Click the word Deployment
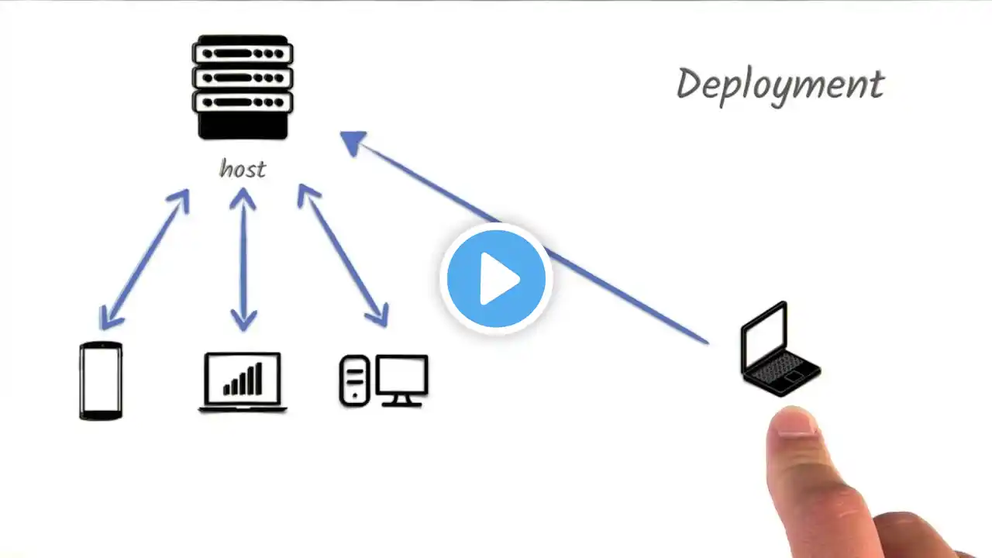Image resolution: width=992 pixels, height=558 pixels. tap(780, 85)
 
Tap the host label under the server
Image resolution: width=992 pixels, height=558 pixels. tap(243, 168)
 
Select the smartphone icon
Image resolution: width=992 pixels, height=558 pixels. tap(101, 381)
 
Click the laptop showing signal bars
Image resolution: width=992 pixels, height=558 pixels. tap(243, 381)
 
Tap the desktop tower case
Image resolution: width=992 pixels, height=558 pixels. tap(353, 381)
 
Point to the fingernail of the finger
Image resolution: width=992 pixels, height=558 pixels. tap(790, 422)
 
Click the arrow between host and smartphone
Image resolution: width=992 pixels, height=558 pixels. tap(144, 259)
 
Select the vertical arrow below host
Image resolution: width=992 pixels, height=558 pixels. tap(243, 259)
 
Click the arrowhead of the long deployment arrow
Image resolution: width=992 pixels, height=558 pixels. tap(353, 143)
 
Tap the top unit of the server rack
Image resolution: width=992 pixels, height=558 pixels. tap(243, 54)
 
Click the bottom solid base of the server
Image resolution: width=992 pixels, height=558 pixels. tap(243, 126)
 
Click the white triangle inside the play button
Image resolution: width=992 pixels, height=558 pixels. tap(498, 278)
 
